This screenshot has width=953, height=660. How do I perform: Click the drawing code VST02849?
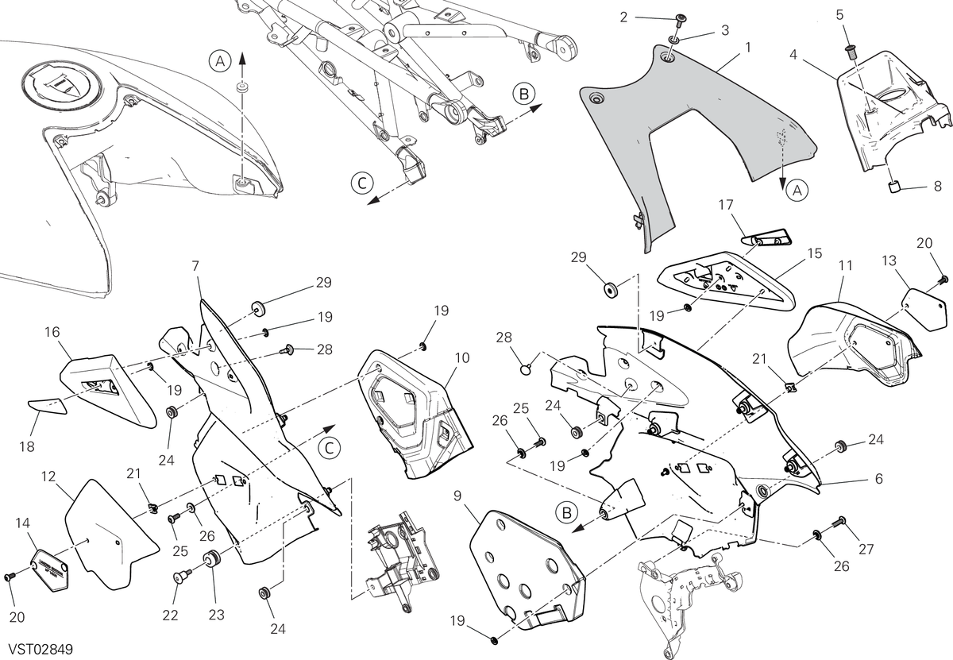click(x=41, y=650)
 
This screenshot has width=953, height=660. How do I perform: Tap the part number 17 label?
click(x=726, y=205)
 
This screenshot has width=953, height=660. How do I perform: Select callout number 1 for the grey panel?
click(x=748, y=48)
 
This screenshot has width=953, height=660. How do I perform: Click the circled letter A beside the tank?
click(x=221, y=62)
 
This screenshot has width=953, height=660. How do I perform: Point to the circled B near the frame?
click(x=523, y=94)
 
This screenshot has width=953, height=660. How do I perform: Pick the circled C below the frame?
click(x=362, y=183)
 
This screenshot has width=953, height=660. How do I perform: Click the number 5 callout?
click(x=839, y=15)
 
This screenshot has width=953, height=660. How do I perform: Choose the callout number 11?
click(x=845, y=265)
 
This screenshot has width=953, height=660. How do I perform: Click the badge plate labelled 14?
click(x=50, y=570)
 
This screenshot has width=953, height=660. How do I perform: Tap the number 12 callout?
click(x=48, y=477)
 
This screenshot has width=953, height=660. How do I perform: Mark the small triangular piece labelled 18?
click(x=48, y=407)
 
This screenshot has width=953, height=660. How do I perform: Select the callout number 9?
click(x=457, y=496)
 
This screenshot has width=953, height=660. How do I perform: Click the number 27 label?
click(x=866, y=550)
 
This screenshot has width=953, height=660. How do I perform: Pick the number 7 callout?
click(x=195, y=266)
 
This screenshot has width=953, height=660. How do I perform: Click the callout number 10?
click(x=462, y=358)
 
